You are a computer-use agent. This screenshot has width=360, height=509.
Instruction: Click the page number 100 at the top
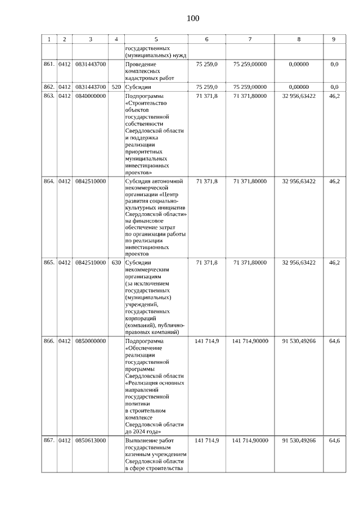(x=193, y=19)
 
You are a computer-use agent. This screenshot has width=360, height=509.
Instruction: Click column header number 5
(x=156, y=39)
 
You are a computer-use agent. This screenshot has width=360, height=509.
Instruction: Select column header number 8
(x=299, y=39)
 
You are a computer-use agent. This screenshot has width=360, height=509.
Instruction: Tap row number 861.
(x=49, y=65)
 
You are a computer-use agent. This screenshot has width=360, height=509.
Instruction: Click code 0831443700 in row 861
(x=90, y=65)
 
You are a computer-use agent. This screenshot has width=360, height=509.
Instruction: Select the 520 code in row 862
(x=116, y=87)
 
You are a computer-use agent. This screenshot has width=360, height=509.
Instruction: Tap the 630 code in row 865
(x=116, y=263)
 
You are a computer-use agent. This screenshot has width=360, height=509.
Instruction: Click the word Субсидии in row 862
(x=138, y=87)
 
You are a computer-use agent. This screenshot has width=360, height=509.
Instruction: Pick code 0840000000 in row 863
(x=90, y=96)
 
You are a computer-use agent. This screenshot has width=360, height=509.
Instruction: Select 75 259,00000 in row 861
(x=250, y=65)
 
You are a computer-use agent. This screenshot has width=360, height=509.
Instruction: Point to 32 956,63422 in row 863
(x=299, y=96)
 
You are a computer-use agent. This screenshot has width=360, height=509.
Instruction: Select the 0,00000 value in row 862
(x=299, y=87)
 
